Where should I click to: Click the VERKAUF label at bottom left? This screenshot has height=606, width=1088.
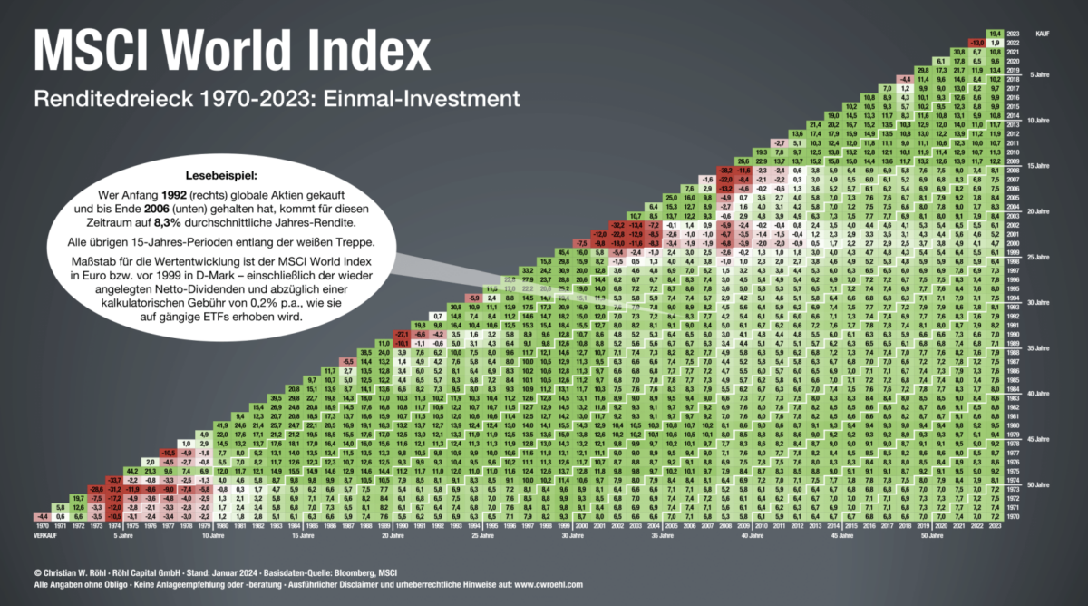tap(44, 535)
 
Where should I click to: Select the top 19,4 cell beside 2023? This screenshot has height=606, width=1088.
tap(1020, 33)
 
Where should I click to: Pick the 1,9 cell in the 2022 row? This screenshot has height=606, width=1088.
tap(1020, 43)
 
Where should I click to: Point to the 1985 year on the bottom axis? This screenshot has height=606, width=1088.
tap(332, 525)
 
